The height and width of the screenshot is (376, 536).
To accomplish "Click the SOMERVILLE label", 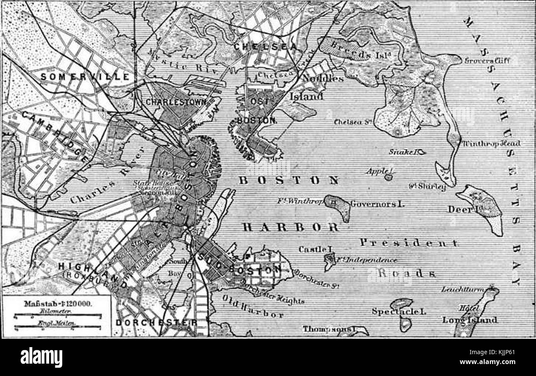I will tap(85, 77).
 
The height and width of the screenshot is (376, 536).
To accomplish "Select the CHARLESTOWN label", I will tap(176, 102).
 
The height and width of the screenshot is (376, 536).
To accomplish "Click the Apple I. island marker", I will tap(388, 177).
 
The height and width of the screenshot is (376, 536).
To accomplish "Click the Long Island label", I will tap(470, 320).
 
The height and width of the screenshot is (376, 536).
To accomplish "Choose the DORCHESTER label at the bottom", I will tap(156, 322).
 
